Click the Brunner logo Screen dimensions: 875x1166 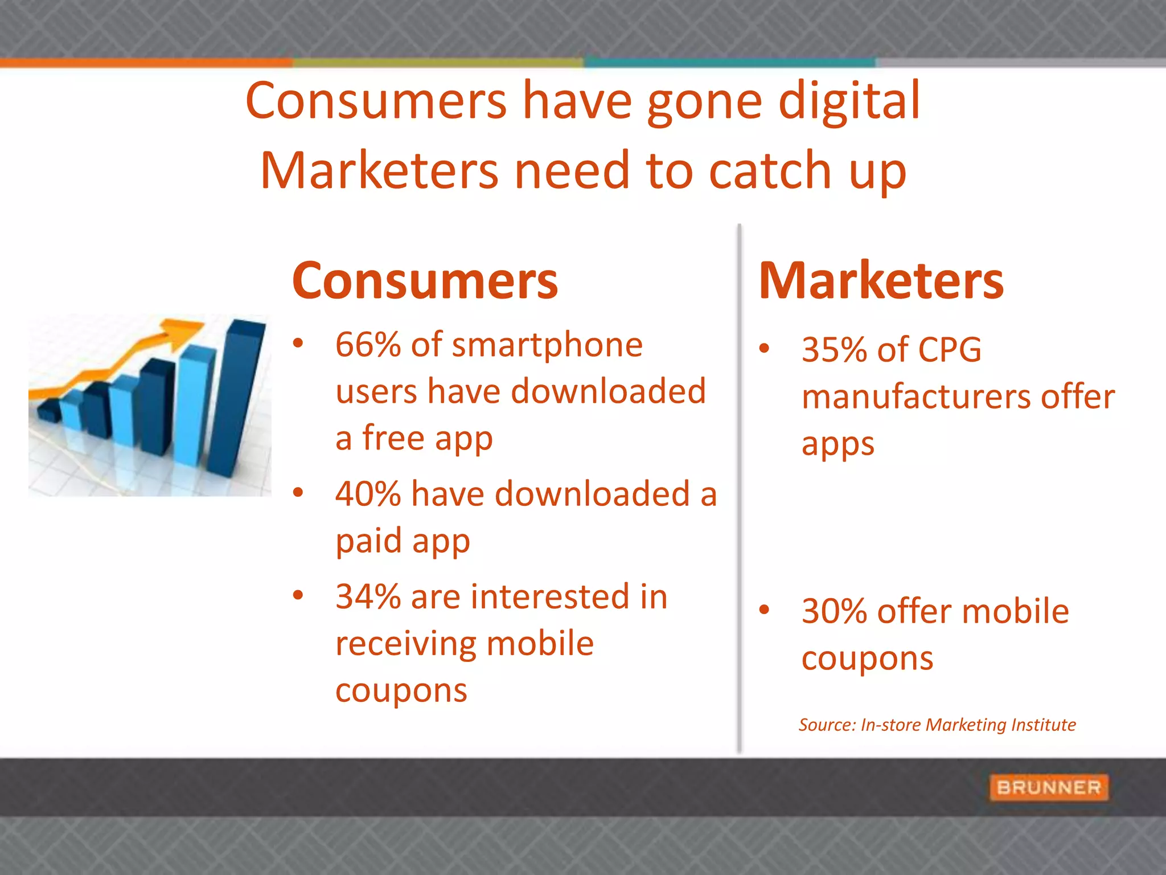(x=1049, y=787)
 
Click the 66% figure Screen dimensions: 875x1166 (x=368, y=345)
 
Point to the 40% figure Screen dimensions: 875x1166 (x=368, y=494)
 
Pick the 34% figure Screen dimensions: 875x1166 (x=368, y=597)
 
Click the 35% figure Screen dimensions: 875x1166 (x=834, y=350)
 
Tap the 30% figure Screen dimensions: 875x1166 (x=834, y=612)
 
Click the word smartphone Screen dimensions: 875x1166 (x=547, y=345)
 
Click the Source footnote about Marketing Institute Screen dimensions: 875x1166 (x=937, y=725)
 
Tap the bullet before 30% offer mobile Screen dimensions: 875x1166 (x=764, y=610)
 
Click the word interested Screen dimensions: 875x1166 (x=549, y=597)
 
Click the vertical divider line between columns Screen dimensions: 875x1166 (x=739, y=490)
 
